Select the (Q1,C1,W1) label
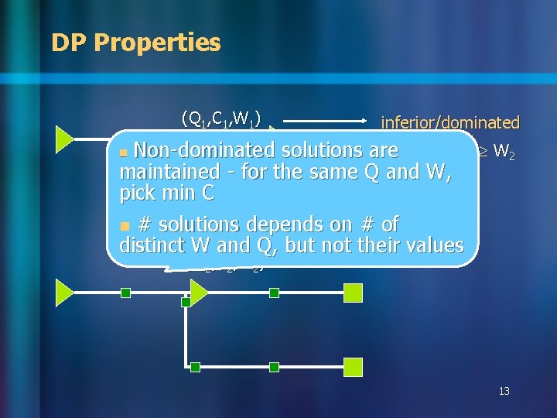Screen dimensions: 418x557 tap(220, 118)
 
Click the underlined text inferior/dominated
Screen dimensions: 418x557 tap(449, 122)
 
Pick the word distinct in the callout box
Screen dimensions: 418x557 tap(152, 246)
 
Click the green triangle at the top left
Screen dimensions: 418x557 tap(63, 139)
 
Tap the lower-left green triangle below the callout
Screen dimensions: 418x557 tap(63, 293)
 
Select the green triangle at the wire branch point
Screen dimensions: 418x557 tap(198, 293)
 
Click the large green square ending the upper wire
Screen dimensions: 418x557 tap(353, 293)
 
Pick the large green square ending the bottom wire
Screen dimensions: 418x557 tap(353, 367)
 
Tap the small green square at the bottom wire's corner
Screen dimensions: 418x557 tap(196, 367)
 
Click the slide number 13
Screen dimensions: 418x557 tap(504, 392)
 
